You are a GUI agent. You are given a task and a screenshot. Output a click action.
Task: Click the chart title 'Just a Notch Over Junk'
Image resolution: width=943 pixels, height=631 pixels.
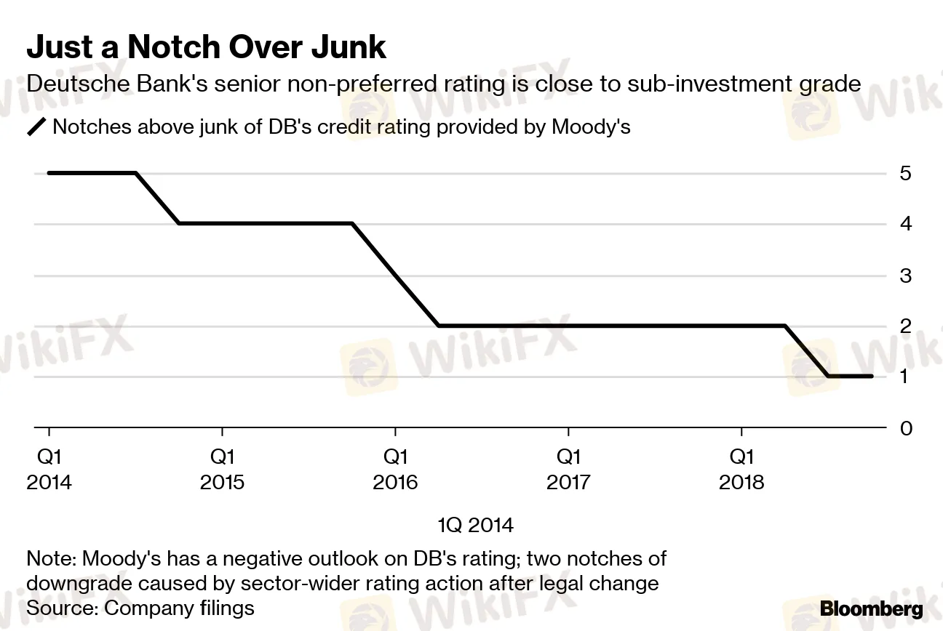coord(206,47)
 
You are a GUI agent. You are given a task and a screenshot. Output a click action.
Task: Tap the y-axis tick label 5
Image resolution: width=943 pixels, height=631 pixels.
coord(906,174)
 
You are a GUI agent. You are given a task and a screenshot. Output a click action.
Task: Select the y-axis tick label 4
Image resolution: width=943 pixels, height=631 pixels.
coord(906,223)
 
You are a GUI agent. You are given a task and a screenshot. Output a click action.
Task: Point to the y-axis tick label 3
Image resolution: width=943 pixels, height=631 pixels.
coord(906,276)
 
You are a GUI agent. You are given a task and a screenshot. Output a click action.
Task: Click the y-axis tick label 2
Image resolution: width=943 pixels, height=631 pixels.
coord(906,326)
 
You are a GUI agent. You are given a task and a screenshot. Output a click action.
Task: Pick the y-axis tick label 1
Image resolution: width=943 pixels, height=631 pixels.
coord(906,377)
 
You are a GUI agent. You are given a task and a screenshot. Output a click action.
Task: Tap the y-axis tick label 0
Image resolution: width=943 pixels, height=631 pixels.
coord(906,428)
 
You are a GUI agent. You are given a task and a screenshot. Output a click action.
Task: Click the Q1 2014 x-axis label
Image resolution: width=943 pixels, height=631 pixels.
coord(49,469)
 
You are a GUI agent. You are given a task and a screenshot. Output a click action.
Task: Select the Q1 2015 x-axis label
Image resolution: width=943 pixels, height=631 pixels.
coord(223,469)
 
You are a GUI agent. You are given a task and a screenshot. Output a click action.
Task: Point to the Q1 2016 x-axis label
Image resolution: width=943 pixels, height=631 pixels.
coord(395,469)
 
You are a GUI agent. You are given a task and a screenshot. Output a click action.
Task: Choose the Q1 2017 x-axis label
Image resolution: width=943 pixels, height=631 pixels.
coord(568,469)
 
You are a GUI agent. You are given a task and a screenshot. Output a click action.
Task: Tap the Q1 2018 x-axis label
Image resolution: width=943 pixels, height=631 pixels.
coord(741,469)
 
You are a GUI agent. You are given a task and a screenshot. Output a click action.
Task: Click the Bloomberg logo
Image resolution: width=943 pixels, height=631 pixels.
coord(872,608)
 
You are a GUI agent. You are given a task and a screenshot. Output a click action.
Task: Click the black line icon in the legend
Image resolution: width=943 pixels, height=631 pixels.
coord(36,128)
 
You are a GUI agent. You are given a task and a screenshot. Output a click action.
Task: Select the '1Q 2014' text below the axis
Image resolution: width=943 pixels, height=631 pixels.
coord(475,525)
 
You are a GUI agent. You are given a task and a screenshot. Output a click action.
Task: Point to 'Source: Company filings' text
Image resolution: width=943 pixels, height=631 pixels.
coord(140,607)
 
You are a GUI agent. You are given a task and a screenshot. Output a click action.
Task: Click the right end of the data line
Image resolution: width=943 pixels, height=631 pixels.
coord(872,376)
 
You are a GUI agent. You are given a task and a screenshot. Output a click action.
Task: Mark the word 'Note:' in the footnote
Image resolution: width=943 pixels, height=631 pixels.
coord(52,559)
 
